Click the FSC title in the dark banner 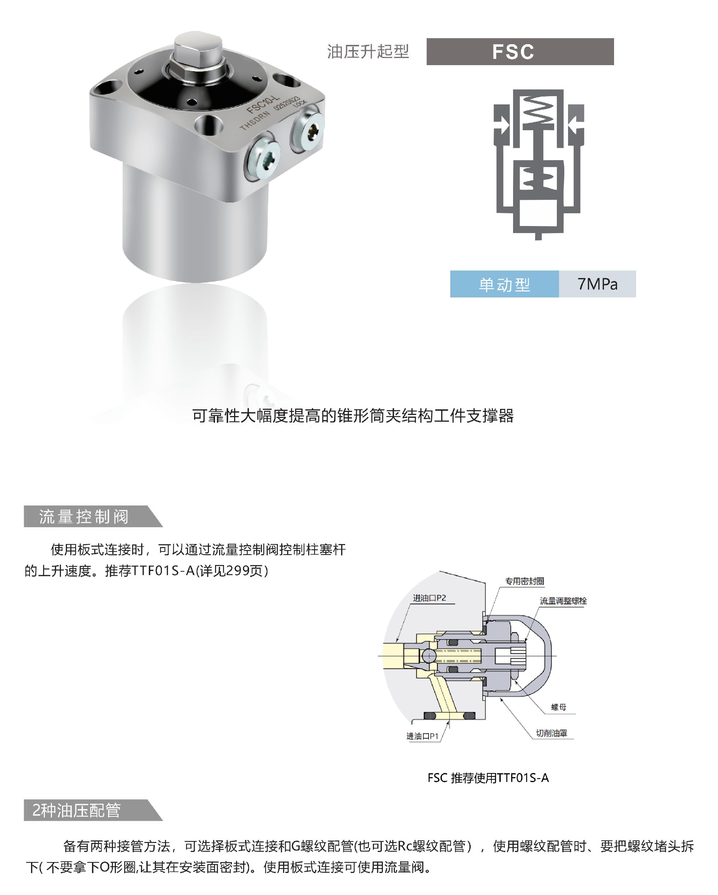point(513,52)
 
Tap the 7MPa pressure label point(597,284)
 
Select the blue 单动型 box point(504,284)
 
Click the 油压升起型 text point(368,52)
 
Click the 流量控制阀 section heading point(84,517)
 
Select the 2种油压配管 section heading point(77,810)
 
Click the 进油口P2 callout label point(429,598)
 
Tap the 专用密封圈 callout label point(524,581)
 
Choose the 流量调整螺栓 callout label point(563,601)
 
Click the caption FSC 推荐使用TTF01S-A point(488,778)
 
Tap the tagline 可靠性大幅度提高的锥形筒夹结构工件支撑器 point(353,416)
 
